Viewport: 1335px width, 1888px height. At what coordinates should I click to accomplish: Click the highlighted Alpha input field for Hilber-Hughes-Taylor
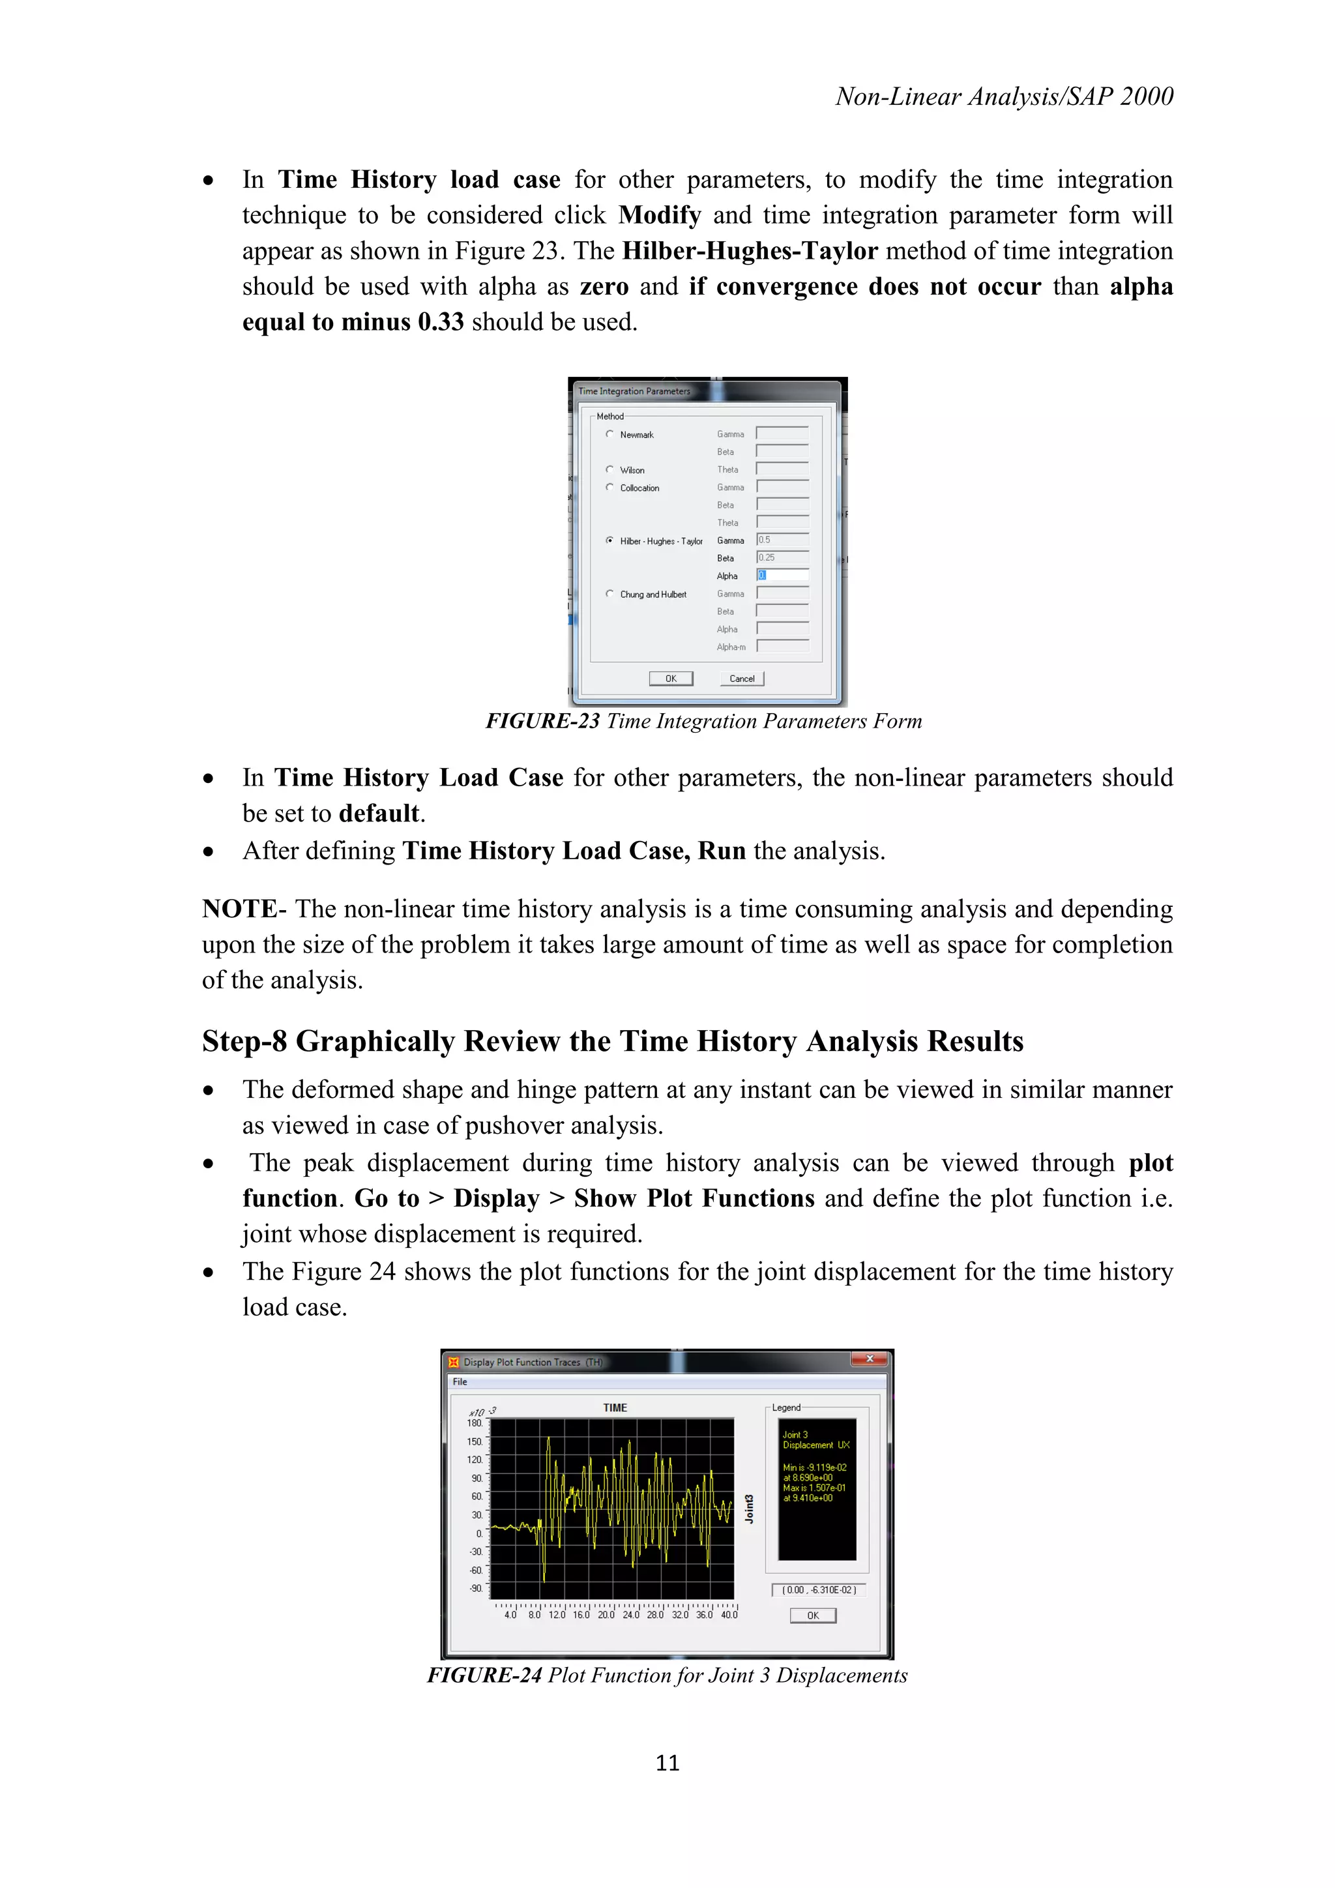tap(782, 576)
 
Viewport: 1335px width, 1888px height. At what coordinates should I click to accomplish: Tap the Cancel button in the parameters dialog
tap(741, 679)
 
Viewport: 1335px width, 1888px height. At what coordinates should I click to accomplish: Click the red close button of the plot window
tap(869, 1359)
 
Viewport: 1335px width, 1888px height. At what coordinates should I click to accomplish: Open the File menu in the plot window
tap(460, 1381)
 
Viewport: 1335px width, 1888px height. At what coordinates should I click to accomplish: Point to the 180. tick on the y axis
tap(475, 1423)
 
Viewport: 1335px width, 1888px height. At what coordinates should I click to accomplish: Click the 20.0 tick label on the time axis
tap(606, 1615)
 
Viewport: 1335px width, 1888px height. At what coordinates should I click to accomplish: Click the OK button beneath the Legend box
tap(812, 1615)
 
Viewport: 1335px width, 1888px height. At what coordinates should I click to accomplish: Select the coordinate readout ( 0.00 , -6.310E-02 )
tap(819, 1589)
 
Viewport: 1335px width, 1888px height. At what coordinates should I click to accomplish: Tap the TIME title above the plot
tap(615, 1408)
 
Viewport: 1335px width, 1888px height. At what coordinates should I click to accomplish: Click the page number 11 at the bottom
tap(667, 1762)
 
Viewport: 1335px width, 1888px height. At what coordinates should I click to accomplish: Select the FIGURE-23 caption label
tap(542, 721)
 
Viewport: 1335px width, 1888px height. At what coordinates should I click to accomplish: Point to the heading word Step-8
tap(244, 1041)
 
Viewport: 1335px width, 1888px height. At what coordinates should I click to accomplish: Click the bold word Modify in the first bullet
tap(659, 215)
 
